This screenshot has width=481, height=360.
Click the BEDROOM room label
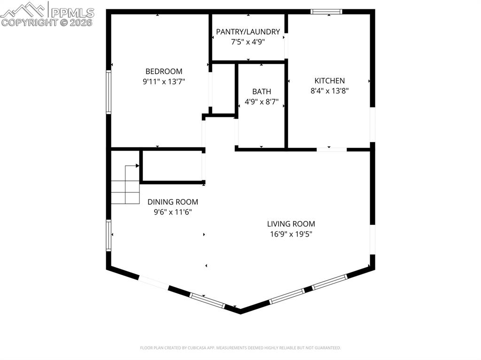click(x=163, y=71)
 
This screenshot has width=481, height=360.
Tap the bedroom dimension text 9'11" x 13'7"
click(x=163, y=81)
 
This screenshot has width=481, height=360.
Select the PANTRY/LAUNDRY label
click(x=248, y=32)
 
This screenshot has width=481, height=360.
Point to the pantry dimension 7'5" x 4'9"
click(x=248, y=41)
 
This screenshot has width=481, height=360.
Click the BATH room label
click(x=262, y=92)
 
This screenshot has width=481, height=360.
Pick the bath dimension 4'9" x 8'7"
click(x=262, y=101)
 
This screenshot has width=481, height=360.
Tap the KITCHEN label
click(x=330, y=81)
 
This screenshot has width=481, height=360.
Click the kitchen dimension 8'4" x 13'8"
click(x=330, y=91)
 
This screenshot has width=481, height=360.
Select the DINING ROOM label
click(x=173, y=202)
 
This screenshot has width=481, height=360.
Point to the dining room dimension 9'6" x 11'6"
click(x=173, y=212)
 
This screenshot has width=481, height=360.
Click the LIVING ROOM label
click(x=291, y=224)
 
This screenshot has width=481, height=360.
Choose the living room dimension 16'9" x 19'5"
click(x=291, y=234)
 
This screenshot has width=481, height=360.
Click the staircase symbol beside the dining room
click(x=125, y=185)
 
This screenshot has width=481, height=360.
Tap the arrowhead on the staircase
click(x=137, y=166)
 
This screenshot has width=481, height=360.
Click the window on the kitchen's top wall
click(x=326, y=12)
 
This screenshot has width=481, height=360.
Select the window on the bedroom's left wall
click(x=109, y=92)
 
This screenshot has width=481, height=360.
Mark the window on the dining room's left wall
click(x=109, y=236)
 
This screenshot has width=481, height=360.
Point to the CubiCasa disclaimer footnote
click(x=240, y=348)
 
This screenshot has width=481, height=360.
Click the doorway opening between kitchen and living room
click(x=332, y=149)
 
